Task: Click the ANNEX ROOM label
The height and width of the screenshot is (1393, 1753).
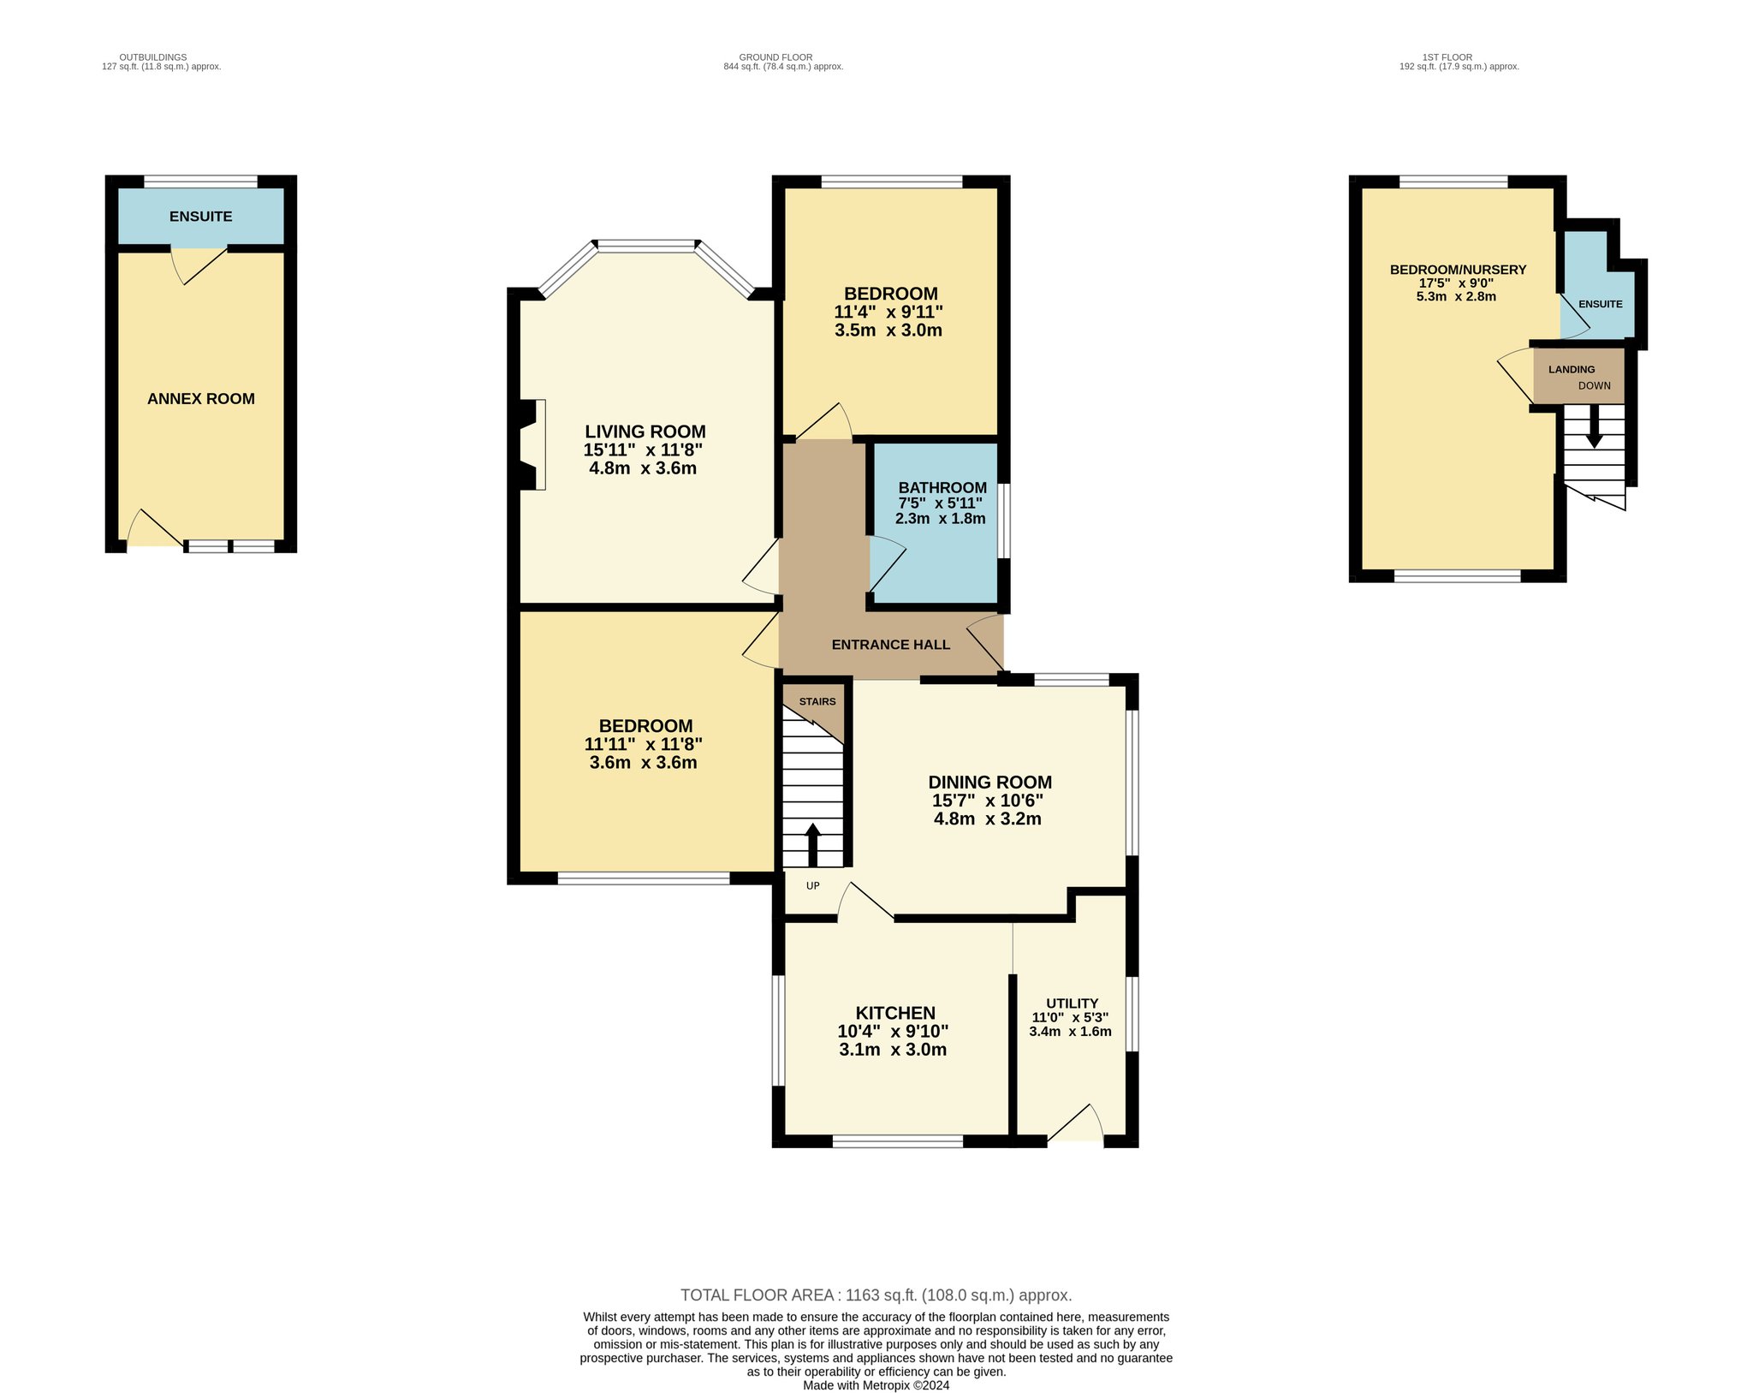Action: (x=201, y=399)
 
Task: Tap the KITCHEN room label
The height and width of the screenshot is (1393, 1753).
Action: (x=895, y=1013)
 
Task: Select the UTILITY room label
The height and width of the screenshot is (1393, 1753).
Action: (x=1073, y=1003)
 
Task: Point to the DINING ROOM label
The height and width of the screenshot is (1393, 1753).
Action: (x=990, y=782)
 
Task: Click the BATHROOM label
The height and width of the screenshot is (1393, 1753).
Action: (x=942, y=488)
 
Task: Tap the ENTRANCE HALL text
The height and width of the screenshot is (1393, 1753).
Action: (x=891, y=645)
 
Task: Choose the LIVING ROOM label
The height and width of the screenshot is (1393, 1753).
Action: (x=645, y=432)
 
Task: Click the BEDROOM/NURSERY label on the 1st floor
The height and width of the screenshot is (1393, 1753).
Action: (x=1459, y=270)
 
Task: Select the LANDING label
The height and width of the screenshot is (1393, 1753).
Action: (x=1572, y=370)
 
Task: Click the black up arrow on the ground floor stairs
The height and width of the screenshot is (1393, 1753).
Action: (x=812, y=844)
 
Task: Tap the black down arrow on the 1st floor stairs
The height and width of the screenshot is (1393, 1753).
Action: (x=1594, y=426)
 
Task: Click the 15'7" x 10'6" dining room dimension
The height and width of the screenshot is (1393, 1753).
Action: (x=988, y=801)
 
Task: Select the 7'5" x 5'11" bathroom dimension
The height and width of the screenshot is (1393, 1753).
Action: (x=940, y=503)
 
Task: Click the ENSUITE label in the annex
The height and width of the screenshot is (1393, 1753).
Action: (x=201, y=217)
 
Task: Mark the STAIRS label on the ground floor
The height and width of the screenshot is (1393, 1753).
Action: (x=817, y=702)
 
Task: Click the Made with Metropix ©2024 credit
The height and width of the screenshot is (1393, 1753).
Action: (x=876, y=1385)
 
